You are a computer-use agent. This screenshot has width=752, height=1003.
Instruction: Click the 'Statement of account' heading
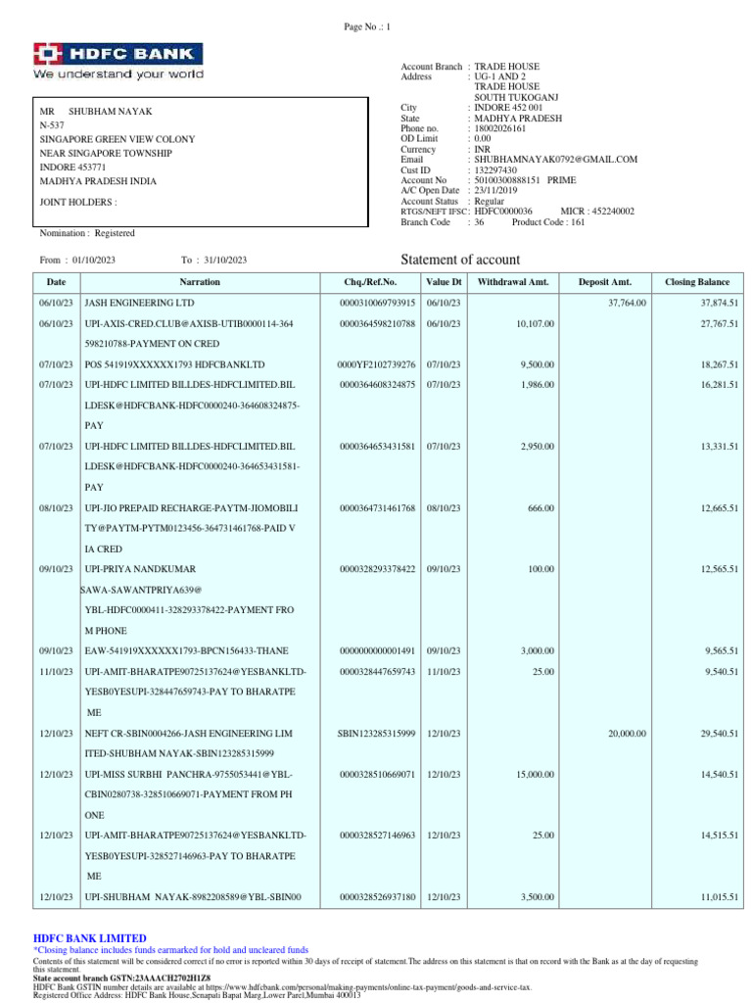(x=461, y=260)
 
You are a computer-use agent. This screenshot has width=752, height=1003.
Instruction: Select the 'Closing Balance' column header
(x=700, y=282)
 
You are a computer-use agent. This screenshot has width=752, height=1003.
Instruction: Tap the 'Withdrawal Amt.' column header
(x=513, y=282)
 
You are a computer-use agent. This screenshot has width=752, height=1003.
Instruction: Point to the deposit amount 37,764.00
(x=627, y=303)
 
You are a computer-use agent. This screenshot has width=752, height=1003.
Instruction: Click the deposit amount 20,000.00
(x=627, y=733)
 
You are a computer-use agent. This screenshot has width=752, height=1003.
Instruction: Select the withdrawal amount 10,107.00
(x=536, y=323)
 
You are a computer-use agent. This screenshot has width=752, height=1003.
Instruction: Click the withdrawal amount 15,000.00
(x=536, y=775)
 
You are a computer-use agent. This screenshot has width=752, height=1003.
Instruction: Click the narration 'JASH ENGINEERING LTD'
(x=140, y=303)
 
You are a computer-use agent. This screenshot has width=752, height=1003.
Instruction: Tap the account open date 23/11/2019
(x=497, y=190)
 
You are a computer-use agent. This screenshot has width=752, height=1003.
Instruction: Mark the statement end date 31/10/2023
(x=225, y=260)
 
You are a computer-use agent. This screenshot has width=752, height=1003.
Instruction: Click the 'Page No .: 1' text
(x=367, y=27)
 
